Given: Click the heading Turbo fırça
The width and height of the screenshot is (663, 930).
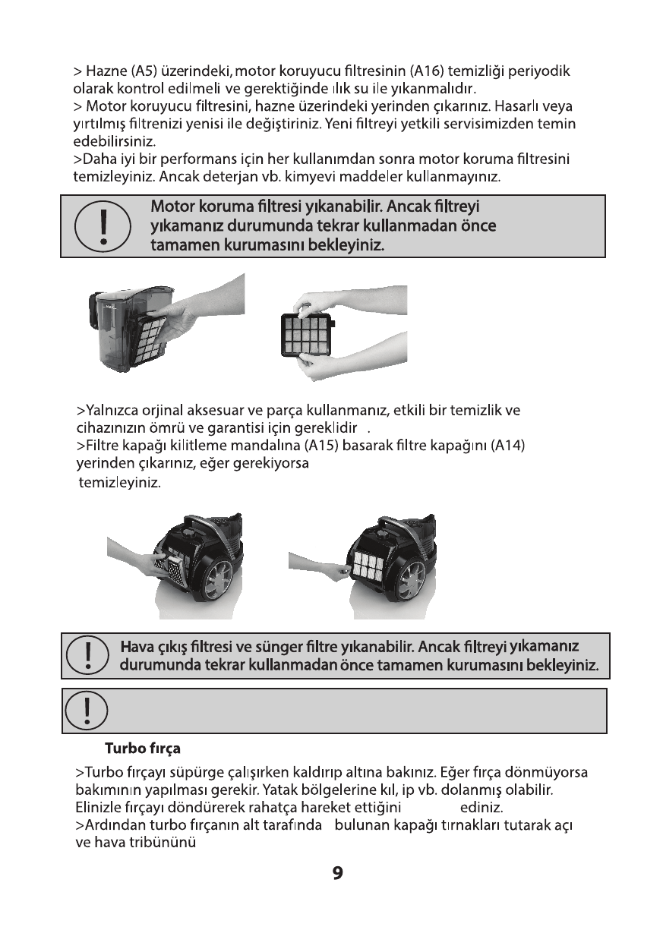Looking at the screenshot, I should click(142, 749).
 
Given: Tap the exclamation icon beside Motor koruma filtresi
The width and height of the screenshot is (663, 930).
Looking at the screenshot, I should click(102, 226).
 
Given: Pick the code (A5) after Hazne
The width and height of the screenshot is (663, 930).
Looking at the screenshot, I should click(144, 73).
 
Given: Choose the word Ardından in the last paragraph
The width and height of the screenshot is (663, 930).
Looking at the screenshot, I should click(111, 825).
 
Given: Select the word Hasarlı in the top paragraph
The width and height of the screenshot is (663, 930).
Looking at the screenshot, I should click(510, 105).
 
